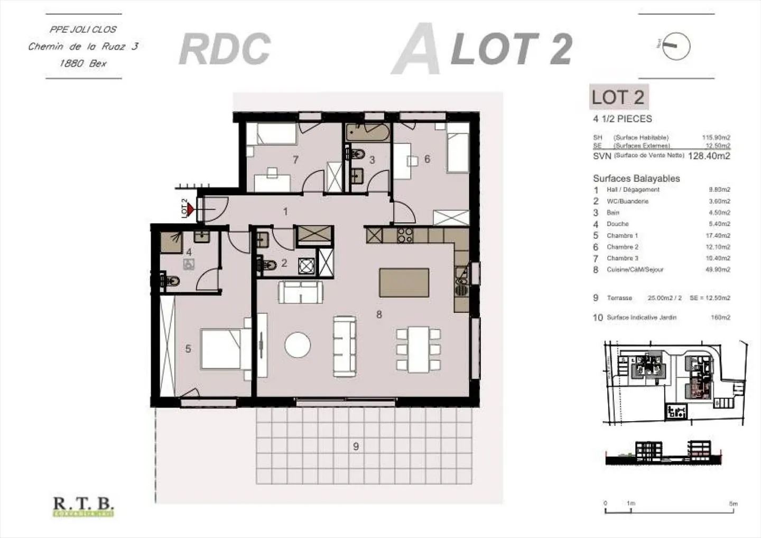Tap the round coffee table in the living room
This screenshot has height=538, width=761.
pyautogui.click(x=298, y=345)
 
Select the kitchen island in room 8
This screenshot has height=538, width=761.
pyautogui.click(x=404, y=282)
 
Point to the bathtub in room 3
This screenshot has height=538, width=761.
pyautogui.click(x=368, y=132)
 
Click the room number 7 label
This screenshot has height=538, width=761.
pyautogui.click(x=296, y=160)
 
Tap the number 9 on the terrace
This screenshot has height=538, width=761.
pyautogui.click(x=356, y=447)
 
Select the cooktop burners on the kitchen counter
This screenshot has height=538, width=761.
pyautogui.click(x=405, y=235)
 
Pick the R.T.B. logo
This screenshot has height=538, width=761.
pyautogui.click(x=83, y=506)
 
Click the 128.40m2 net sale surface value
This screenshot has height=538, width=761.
pyautogui.click(x=709, y=156)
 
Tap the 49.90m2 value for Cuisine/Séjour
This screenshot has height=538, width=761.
pyautogui.click(x=719, y=270)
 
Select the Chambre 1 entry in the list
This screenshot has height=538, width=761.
pyautogui.click(x=622, y=236)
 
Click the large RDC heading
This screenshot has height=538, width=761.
pyautogui.click(x=225, y=49)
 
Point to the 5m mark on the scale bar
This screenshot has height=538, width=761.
pyautogui.click(x=733, y=504)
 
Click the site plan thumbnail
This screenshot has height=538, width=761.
pyautogui.click(x=676, y=383)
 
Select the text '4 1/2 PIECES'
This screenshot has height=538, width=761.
pyautogui.click(x=623, y=119)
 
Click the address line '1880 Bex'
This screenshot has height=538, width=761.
pyautogui.click(x=83, y=63)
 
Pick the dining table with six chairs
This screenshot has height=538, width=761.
pyautogui.click(x=419, y=349)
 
